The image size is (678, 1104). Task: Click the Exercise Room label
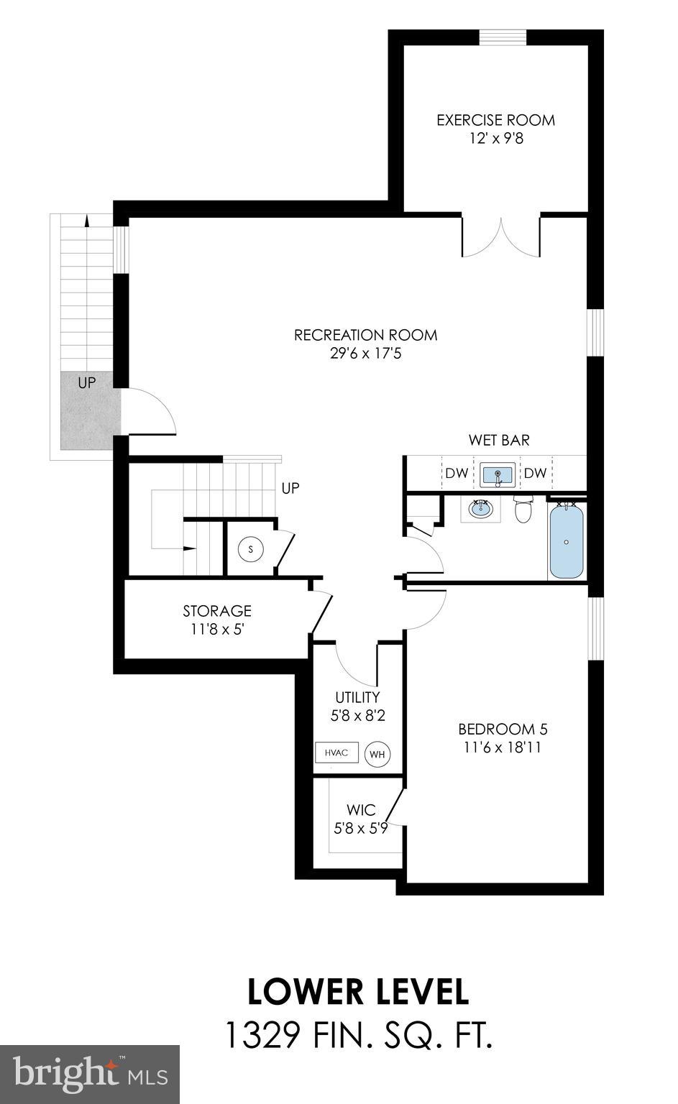point(495,120)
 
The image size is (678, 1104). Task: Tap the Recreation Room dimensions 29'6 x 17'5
point(365,354)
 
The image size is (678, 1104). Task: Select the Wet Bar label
point(499,440)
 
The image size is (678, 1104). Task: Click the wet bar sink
point(496,475)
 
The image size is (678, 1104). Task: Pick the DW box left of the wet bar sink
point(457,473)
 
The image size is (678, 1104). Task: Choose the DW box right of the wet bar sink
point(535,473)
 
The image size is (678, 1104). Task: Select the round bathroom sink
point(480,510)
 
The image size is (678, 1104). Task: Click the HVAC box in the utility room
point(336,753)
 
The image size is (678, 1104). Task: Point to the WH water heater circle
point(377,754)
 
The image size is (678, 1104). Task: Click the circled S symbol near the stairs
point(251,549)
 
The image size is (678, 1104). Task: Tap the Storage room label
point(217,611)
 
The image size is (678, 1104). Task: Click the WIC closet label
point(361,810)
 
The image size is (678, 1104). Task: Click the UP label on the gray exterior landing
point(86,382)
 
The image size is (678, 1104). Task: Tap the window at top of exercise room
point(503,37)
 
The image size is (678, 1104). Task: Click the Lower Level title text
point(358,992)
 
